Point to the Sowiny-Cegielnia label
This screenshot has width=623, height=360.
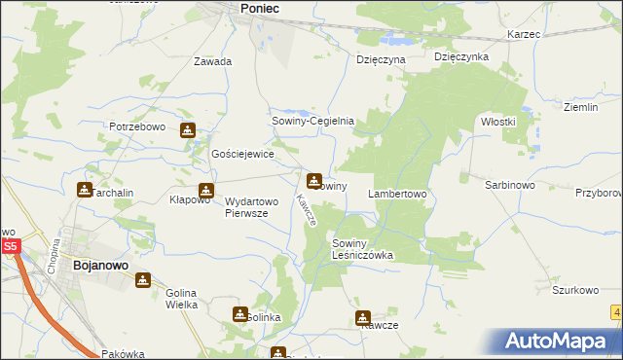point(311,122)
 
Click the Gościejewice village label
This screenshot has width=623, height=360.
point(243,154)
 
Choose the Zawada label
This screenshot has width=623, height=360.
point(212,61)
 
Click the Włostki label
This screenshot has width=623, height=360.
point(497,122)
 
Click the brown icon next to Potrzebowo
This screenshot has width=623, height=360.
point(187,129)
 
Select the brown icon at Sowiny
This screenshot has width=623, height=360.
point(314,180)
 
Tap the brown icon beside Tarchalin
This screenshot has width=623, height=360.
point(85,190)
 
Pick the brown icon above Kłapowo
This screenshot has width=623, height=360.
point(205,191)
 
